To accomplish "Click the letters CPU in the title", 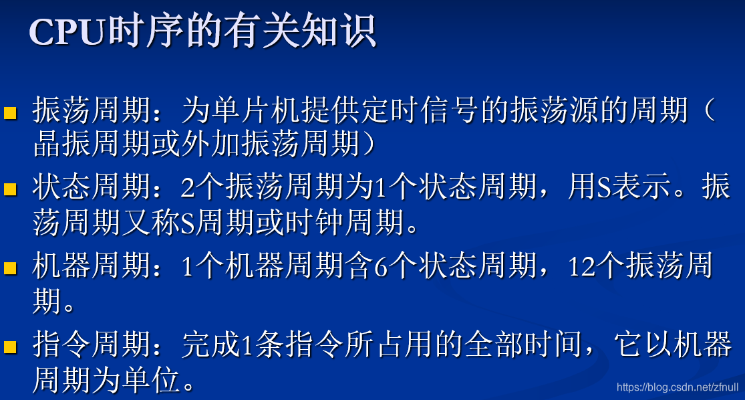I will point(67,32).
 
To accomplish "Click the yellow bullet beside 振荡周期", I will point(10,112).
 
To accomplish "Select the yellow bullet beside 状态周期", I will point(10,190).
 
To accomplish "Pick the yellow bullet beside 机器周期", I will point(10,268).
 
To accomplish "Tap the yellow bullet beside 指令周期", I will point(10,346).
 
